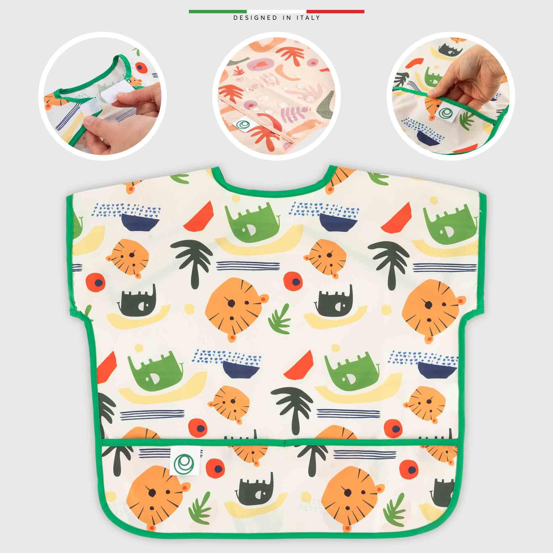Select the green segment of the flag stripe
tap(218, 12)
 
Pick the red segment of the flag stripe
tap(335, 12)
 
